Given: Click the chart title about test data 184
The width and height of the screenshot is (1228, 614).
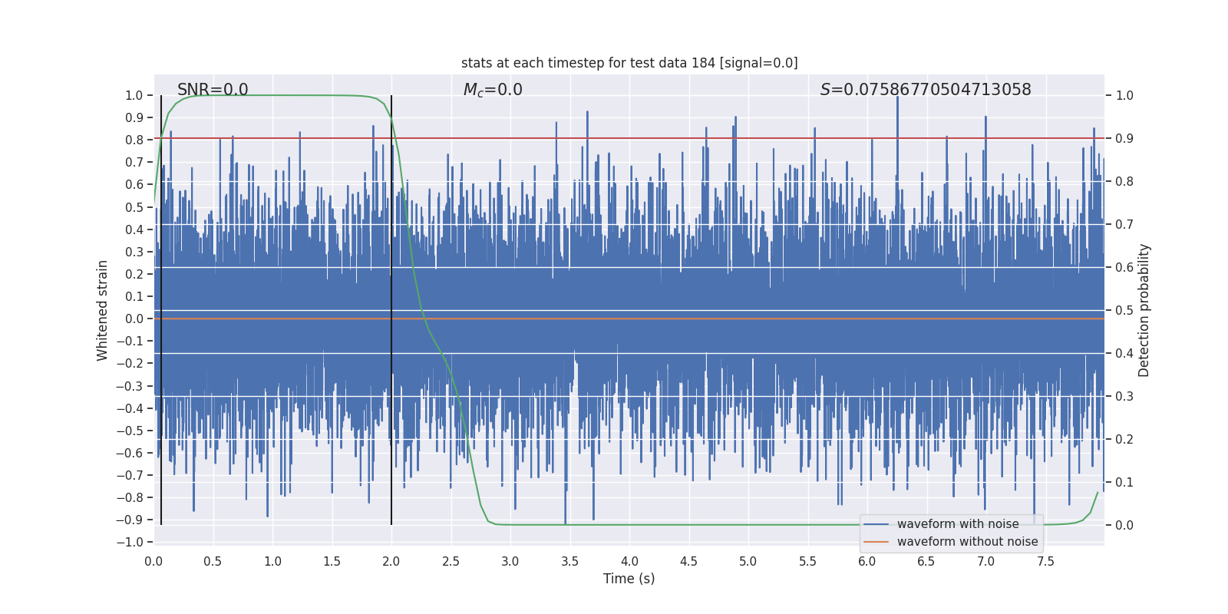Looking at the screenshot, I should (x=629, y=63).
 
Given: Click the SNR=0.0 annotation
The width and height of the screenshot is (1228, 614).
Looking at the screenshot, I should (x=213, y=90).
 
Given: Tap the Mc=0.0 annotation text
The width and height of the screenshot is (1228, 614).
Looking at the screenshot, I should (x=493, y=90).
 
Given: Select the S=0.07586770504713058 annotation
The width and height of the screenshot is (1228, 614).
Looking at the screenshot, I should (x=926, y=90).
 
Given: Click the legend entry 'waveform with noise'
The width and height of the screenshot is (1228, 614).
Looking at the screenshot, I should (x=958, y=524).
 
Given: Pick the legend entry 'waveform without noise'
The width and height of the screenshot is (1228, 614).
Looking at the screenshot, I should (x=967, y=542).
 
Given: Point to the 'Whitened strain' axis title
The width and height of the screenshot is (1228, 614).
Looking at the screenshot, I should (x=103, y=310).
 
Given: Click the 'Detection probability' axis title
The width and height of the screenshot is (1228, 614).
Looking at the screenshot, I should (x=1144, y=310).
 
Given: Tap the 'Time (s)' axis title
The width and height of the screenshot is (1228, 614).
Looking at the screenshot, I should (x=629, y=579).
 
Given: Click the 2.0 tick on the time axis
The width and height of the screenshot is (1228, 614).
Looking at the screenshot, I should (x=391, y=561).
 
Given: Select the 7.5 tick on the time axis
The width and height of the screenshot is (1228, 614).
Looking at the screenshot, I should (x=1045, y=561).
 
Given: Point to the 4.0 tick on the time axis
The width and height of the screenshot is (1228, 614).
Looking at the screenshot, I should (x=629, y=561).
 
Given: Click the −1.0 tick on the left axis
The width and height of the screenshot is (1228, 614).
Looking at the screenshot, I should (x=130, y=542).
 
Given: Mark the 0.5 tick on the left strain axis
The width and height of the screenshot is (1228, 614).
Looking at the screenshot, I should (x=134, y=207).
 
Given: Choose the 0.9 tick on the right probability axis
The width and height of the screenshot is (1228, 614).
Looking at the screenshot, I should (x=1124, y=139).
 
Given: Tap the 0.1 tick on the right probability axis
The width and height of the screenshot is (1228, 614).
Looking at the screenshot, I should (x=1124, y=482).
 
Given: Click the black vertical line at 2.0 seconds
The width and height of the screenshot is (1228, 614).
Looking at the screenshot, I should (x=391, y=307).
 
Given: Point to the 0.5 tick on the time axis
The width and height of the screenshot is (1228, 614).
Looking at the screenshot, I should (x=213, y=561).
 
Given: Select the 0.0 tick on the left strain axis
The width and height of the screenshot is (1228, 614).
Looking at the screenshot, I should (x=134, y=319).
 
